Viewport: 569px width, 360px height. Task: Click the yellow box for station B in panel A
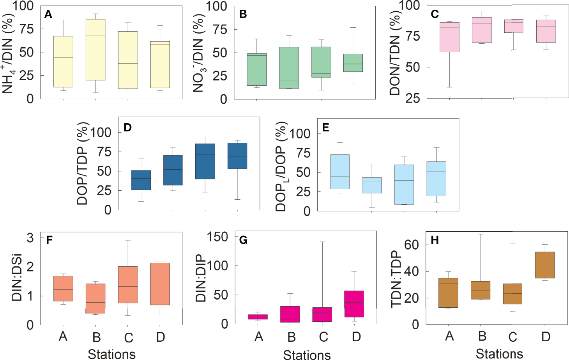[95, 50]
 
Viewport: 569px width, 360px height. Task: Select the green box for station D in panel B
[353, 63]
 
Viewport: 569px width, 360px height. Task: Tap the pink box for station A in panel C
[449, 37]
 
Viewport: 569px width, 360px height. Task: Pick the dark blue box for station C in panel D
[205, 161]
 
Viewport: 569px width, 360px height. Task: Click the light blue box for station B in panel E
[372, 185]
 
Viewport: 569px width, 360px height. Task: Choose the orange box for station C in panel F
[128, 285]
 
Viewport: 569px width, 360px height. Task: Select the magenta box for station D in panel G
[354, 304]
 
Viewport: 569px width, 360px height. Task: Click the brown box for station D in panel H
[545, 265]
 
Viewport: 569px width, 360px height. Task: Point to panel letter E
[326, 128]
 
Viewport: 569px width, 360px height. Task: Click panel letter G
[243, 240]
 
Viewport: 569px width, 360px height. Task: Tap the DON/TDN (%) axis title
[395, 53]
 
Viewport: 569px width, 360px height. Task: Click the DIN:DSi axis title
[17, 277]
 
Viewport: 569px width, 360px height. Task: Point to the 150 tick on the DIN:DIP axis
[217, 237]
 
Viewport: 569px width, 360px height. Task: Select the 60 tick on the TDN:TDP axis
[412, 245]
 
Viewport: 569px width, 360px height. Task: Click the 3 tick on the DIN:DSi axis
[30, 238]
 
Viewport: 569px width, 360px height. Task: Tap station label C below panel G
[323, 337]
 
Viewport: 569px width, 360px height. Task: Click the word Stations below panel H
[499, 354]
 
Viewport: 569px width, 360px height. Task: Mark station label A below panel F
[63, 336]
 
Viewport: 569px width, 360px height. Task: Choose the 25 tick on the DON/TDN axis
[412, 98]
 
